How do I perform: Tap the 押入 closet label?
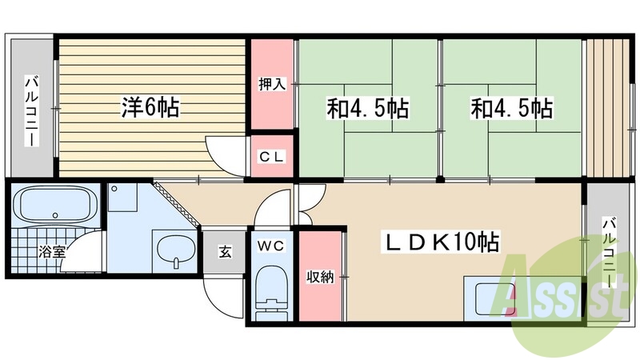click(272, 83)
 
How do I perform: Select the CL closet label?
click(272, 157)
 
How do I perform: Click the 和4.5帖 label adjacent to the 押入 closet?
click(367, 107)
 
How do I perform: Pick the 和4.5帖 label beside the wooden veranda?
click(512, 107)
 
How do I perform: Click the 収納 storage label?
click(321, 277)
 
